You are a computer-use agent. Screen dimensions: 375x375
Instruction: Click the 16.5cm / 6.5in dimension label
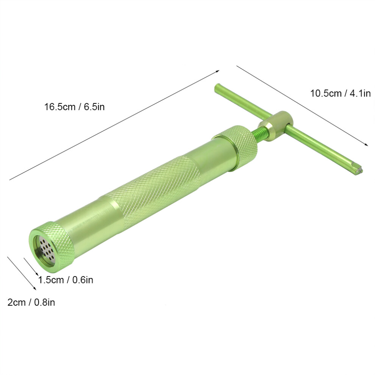[x=74, y=107]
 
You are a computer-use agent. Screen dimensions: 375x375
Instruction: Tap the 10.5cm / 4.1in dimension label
[x=340, y=93]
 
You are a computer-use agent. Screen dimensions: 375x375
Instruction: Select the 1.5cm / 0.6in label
[x=66, y=280]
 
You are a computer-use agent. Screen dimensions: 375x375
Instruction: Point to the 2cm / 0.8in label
[x=31, y=302]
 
